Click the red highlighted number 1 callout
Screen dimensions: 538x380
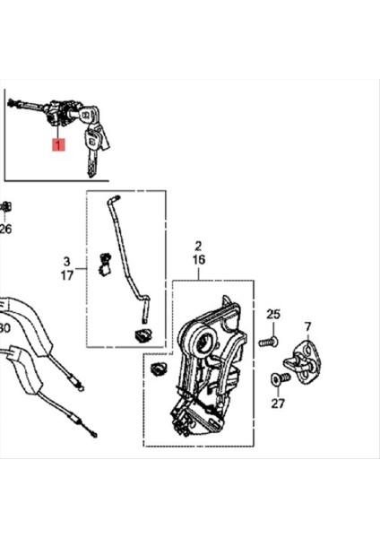pos(57,144)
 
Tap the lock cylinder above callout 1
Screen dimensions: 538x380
pos(64,116)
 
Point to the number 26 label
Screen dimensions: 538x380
pos(6,229)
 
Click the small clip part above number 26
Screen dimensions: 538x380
pos(5,209)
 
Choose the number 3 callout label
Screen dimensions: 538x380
pos(65,262)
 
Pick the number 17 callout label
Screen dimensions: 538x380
pos(65,276)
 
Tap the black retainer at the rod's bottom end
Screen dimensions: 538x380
pos(142,336)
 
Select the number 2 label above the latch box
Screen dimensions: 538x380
pos(198,246)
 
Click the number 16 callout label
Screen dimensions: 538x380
pos(198,260)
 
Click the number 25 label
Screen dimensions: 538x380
pos(273,314)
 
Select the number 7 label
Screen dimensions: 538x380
pos(307,325)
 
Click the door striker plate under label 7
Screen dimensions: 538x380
pos(303,361)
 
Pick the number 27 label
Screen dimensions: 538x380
pos(277,404)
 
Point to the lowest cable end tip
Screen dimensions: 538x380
pos(90,437)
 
